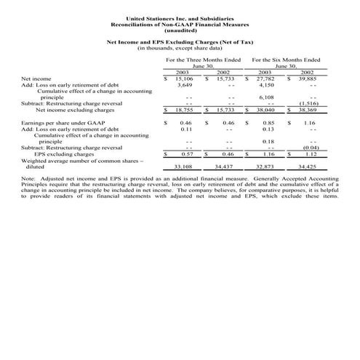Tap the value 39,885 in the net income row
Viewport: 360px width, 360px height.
coord(305,79)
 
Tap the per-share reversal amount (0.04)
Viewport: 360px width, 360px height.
coord(308,148)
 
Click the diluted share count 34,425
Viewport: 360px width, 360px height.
coord(305,167)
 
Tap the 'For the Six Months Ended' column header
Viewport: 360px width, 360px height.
coord(286,59)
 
